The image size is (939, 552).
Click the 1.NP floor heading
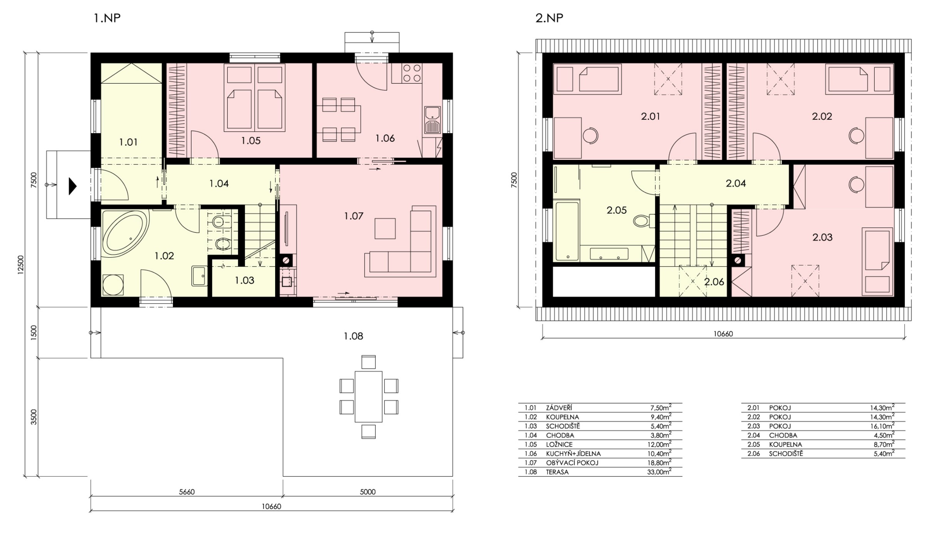tap(107, 18)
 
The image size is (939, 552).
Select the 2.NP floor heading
tap(549, 18)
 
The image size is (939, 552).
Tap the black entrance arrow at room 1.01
tap(72, 186)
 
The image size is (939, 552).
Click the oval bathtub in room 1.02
tap(126, 231)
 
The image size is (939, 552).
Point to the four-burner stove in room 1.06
tap(412, 73)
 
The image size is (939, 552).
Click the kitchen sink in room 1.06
tap(433, 120)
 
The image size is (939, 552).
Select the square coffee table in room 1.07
tap(385, 228)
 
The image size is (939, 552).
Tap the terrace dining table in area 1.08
tap(368, 397)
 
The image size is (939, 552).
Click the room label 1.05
tap(251, 141)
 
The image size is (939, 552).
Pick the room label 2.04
tap(736, 183)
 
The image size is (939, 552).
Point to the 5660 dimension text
tap(187, 492)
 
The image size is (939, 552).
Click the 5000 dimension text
tap(368, 492)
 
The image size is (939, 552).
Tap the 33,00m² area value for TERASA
tap(659, 471)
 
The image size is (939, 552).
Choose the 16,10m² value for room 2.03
tap(882, 426)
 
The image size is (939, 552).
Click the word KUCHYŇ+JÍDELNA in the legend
tap(573, 453)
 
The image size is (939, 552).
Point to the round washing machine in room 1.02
tap(113, 285)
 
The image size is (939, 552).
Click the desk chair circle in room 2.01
tap(590, 136)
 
